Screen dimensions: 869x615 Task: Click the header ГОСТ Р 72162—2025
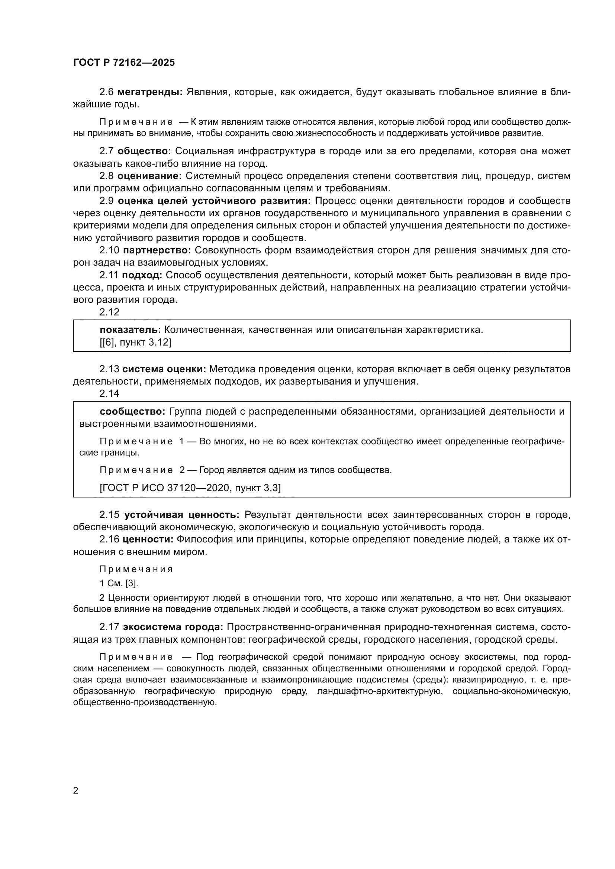[x=124, y=63]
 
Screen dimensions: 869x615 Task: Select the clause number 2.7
[x=106, y=151]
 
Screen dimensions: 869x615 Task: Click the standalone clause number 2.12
[x=109, y=312]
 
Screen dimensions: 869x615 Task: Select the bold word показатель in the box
[x=130, y=330]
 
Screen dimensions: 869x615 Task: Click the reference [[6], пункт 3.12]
[x=135, y=343]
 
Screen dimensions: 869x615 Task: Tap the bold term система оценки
[x=164, y=369]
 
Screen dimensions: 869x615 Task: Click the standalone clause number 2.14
[x=109, y=393]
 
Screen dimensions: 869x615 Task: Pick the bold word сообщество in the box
[x=132, y=411]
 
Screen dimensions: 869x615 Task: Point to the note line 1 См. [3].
[x=119, y=583]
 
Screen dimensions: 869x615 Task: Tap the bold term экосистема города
[x=173, y=627]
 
